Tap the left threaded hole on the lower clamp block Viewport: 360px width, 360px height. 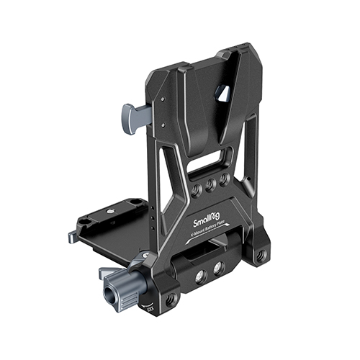(202, 274)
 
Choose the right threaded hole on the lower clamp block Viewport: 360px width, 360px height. (218, 267)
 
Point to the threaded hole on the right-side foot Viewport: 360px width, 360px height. (261, 255)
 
